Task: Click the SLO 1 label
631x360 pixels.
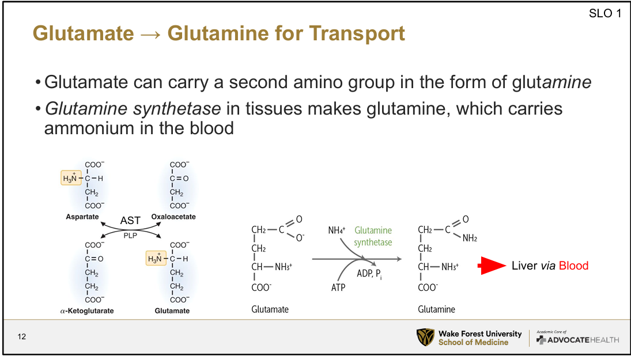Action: tap(605, 14)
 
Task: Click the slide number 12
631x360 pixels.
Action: tap(22, 336)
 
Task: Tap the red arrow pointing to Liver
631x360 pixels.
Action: tap(493, 266)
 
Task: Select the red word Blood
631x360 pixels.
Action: tap(573, 266)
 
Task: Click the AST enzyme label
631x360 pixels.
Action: tap(130, 221)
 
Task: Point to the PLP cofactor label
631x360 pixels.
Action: tap(130, 235)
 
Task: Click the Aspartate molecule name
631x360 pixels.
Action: tap(82, 217)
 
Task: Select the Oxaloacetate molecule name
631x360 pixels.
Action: tap(173, 217)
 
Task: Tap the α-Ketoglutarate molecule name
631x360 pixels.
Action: tap(87, 311)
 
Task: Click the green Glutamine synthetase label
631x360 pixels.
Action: tap(373, 236)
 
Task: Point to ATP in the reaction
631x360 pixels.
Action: tap(338, 287)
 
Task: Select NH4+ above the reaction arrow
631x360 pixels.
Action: tap(337, 230)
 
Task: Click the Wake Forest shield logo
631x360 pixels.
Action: tap(425, 338)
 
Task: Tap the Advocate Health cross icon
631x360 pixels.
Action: tap(541, 340)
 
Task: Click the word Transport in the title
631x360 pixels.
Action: tap(357, 33)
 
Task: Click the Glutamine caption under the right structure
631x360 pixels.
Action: tap(436, 309)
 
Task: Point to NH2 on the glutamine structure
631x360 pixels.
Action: tap(470, 238)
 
